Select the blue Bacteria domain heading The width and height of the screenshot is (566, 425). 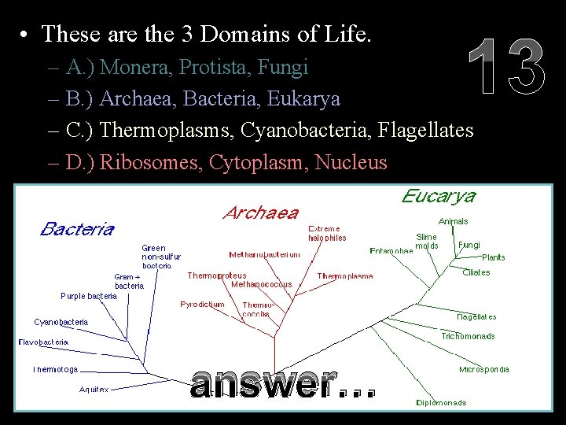click(x=77, y=229)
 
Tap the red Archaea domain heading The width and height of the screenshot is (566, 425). click(x=261, y=213)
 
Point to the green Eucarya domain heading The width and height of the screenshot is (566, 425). click(x=438, y=196)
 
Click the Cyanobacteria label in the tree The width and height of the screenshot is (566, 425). click(x=61, y=322)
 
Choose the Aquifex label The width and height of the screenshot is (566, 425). click(x=94, y=389)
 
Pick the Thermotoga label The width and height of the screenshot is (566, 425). click(x=55, y=369)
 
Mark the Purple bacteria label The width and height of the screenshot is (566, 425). click(x=89, y=296)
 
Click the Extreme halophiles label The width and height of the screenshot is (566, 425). click(x=327, y=233)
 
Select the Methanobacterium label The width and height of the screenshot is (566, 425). click(x=264, y=255)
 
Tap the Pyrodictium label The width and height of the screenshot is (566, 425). click(x=202, y=304)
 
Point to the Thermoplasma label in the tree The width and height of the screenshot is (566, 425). click(x=345, y=276)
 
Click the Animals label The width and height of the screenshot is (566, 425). click(x=454, y=221)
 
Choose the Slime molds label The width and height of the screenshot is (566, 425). click(x=427, y=241)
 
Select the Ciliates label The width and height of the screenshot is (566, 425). click(x=476, y=272)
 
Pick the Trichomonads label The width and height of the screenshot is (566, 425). click(x=468, y=336)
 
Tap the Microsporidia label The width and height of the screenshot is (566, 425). click(x=484, y=369)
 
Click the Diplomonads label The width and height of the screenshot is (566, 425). click(x=441, y=402)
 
